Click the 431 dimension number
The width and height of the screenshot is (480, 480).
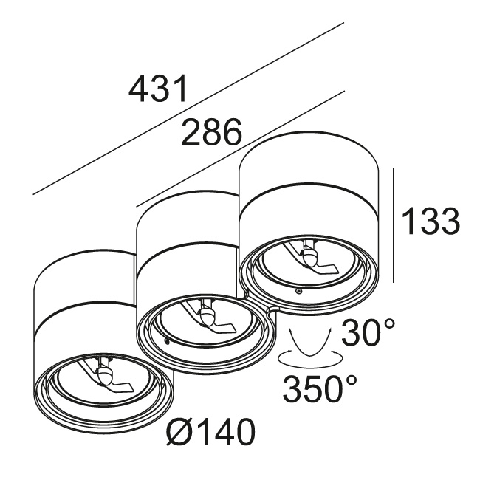click(157, 88)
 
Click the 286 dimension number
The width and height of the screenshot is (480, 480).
click(212, 131)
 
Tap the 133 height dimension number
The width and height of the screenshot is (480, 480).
click(431, 221)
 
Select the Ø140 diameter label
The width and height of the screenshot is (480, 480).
click(210, 432)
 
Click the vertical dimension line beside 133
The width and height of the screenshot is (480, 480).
click(394, 225)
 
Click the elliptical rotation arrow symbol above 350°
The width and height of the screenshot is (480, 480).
click(309, 359)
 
